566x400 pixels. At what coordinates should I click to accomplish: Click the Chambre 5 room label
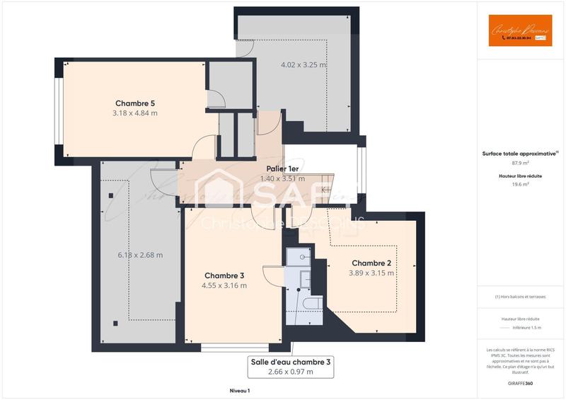click(x=134, y=103)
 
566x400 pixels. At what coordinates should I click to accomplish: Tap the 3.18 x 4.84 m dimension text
click(x=134, y=113)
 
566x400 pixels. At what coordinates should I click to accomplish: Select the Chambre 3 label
click(x=224, y=275)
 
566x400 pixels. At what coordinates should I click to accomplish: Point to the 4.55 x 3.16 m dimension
click(x=224, y=285)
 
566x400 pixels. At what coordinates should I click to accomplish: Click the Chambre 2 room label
click(x=371, y=263)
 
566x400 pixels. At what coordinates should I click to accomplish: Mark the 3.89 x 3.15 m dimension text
click(x=371, y=273)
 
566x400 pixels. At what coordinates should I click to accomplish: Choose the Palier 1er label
click(x=282, y=168)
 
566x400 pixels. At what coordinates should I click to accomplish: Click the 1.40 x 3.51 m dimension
click(x=282, y=178)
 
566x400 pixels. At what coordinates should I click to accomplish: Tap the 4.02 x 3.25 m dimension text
click(x=304, y=64)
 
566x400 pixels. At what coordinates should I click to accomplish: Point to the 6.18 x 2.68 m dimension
click(x=140, y=255)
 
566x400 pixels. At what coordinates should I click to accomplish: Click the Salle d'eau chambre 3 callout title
click(x=290, y=362)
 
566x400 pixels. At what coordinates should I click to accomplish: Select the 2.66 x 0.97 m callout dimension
click(x=290, y=372)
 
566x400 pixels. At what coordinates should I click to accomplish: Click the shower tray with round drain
click(x=301, y=257)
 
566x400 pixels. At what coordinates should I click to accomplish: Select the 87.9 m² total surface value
click(x=520, y=162)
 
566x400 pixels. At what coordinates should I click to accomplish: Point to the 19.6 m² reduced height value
click(x=520, y=184)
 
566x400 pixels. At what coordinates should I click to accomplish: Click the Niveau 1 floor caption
click(x=240, y=391)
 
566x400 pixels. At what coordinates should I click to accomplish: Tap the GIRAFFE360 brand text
click(x=520, y=382)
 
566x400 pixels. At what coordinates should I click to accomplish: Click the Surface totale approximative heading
click(x=520, y=153)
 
